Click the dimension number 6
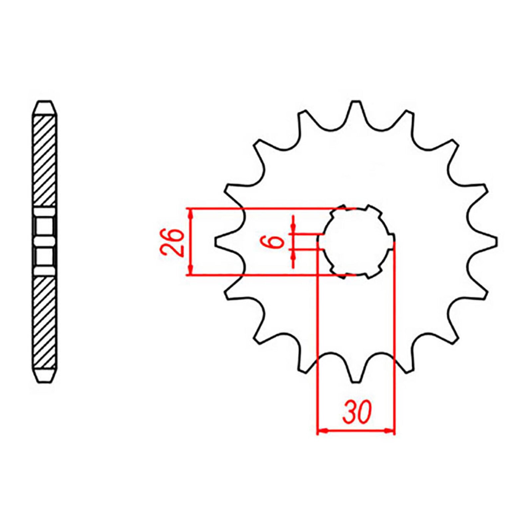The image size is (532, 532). pyautogui.click(x=276, y=242)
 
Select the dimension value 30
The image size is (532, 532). pyautogui.click(x=357, y=412)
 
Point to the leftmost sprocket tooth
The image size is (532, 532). pyautogui.click(x=221, y=242)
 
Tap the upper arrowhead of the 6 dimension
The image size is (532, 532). pyautogui.click(x=293, y=227)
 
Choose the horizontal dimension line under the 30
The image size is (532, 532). pyautogui.click(x=356, y=431)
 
